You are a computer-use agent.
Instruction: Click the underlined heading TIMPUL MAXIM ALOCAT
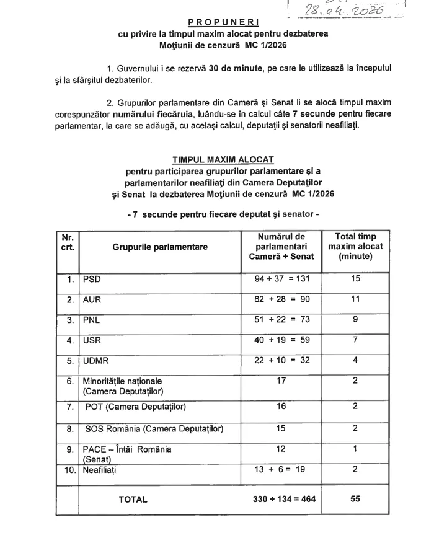pos(223,159)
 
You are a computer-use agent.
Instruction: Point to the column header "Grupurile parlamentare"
pos(160,247)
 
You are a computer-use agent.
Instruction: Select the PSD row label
pos(92,279)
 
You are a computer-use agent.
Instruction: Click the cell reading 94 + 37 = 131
pos(281,279)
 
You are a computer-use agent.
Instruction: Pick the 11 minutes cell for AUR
pos(355,299)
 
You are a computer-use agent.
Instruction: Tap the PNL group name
pos(92,320)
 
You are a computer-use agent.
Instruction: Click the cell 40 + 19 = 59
pos(281,340)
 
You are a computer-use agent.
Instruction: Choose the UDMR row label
pos(95,361)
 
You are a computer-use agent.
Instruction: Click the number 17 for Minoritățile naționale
pos(281,381)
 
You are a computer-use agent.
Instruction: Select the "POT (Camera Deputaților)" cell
pos(135,407)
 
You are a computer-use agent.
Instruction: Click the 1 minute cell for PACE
pos(355,449)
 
